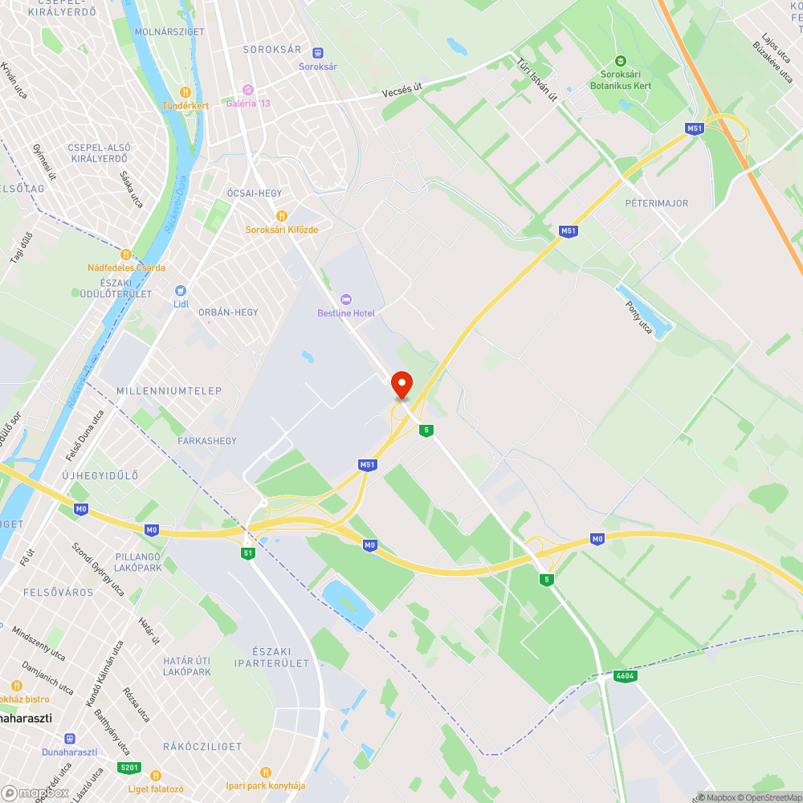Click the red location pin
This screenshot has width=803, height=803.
coord(401,383)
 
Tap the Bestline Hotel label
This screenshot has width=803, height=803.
coord(346,312)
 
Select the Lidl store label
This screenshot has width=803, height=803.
coord(181,304)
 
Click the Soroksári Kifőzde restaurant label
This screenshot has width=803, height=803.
coord(282,229)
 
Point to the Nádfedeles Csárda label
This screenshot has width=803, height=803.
coord(128,267)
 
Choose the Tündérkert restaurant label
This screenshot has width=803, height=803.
coord(185,105)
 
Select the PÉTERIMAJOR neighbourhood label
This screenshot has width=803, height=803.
coord(656,203)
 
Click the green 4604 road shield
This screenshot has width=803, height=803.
coord(625,676)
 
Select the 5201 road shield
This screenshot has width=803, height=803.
coord(128,768)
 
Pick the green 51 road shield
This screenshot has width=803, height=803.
coord(249,552)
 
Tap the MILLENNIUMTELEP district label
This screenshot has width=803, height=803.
coord(169,390)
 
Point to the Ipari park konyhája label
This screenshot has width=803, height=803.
coord(265,785)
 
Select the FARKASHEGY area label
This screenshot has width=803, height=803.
coord(207,441)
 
